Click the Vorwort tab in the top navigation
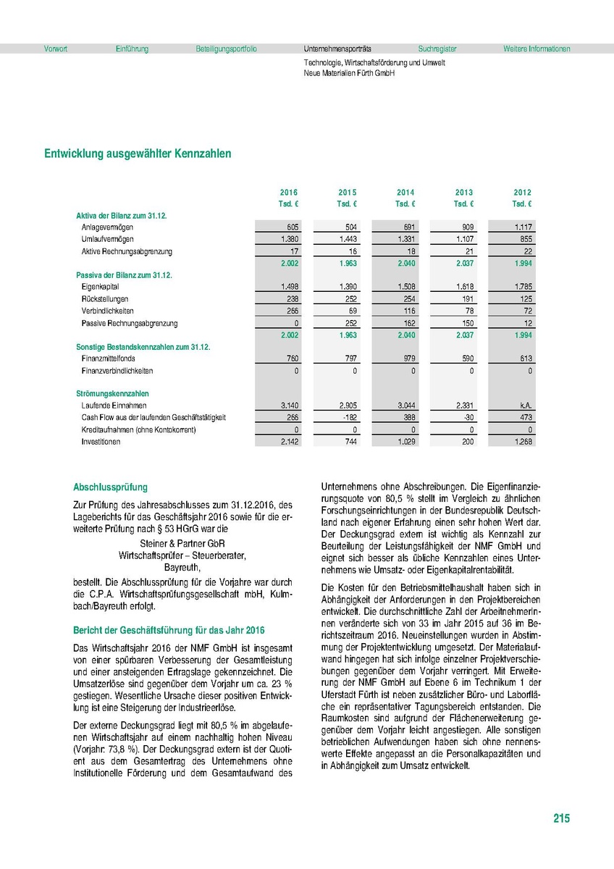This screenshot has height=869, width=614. click(x=56, y=49)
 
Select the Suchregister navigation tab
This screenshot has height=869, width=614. click(x=437, y=49)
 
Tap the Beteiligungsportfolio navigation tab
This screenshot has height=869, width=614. click(x=226, y=49)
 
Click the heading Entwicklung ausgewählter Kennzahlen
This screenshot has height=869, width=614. click(x=138, y=154)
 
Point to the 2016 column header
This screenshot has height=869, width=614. click(x=289, y=193)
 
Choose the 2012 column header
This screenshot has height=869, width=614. click(x=522, y=193)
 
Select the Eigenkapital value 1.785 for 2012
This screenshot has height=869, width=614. click(x=521, y=287)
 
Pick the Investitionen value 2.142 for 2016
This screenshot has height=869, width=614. click(x=289, y=441)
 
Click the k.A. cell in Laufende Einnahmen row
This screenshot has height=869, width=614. click(x=525, y=406)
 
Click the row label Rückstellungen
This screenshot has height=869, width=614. click(x=105, y=299)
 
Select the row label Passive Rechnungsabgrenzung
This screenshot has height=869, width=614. click(x=130, y=323)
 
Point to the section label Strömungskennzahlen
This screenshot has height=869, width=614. click(x=108, y=394)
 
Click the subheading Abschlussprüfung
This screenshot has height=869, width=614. click(x=111, y=487)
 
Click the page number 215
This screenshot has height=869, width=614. click(x=561, y=819)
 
